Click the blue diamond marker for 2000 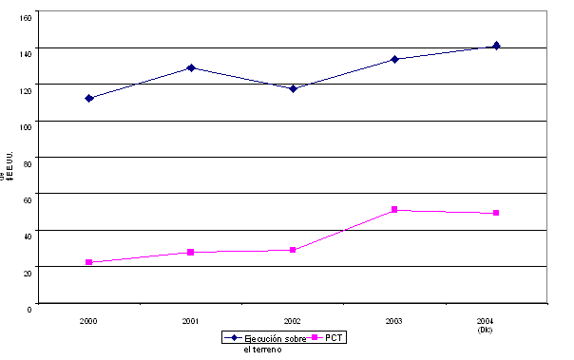click(x=89, y=98)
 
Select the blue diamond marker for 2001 click(x=191, y=67)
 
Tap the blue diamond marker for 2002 click(x=293, y=88)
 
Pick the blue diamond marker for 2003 click(x=394, y=59)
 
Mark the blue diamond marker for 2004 click(x=496, y=46)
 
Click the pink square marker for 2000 click(x=89, y=262)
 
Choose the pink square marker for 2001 click(x=191, y=252)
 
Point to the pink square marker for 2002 click(x=293, y=250)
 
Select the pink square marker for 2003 click(x=394, y=210)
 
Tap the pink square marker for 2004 click(x=496, y=213)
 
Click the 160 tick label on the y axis click(x=26, y=17)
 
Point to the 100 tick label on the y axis click(x=26, y=125)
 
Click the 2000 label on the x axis click(x=89, y=321)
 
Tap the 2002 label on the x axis click(x=293, y=321)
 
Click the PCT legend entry click(x=330, y=338)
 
